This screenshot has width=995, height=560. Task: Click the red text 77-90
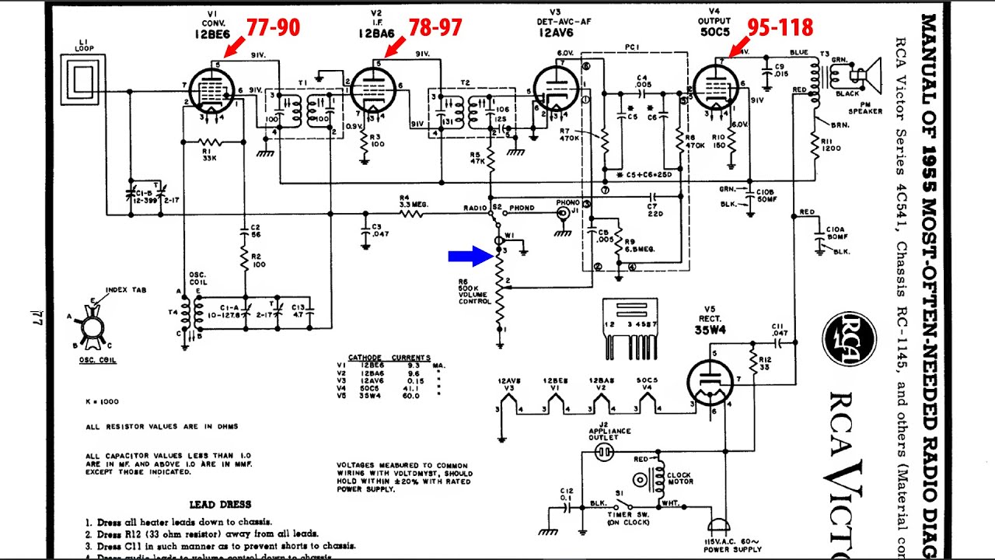point(272,28)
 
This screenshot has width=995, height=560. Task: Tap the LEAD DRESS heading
point(220,504)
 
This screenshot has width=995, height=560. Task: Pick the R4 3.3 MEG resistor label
point(414,202)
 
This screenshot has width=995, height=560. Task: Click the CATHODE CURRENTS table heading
point(388,358)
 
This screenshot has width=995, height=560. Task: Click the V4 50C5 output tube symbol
point(715,87)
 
